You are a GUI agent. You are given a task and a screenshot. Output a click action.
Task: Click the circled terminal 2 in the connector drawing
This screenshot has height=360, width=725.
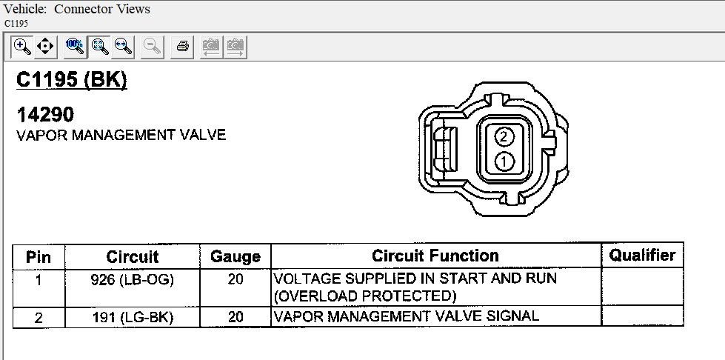pyautogui.click(x=504, y=136)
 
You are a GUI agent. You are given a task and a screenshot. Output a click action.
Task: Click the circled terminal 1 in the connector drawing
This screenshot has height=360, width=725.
pyautogui.click(x=504, y=161)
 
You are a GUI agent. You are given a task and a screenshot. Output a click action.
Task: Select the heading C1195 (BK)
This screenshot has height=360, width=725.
pyautogui.click(x=71, y=79)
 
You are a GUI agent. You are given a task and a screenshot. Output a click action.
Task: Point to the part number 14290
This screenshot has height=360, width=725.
pyautogui.click(x=45, y=114)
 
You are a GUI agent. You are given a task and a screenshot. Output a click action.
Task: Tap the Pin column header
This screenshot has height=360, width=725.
pyautogui.click(x=39, y=257)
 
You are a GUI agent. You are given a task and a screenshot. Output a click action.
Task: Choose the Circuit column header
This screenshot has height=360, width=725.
pyautogui.click(x=133, y=257)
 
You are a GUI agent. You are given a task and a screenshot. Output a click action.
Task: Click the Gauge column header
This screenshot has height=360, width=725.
pyautogui.click(x=235, y=257)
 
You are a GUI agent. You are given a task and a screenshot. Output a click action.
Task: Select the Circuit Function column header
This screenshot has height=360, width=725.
pyautogui.click(x=435, y=256)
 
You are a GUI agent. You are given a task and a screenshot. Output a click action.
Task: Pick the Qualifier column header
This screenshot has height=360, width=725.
pyautogui.click(x=642, y=255)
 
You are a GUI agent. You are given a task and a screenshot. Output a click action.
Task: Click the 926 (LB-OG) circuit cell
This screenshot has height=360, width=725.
pyautogui.click(x=133, y=279)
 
